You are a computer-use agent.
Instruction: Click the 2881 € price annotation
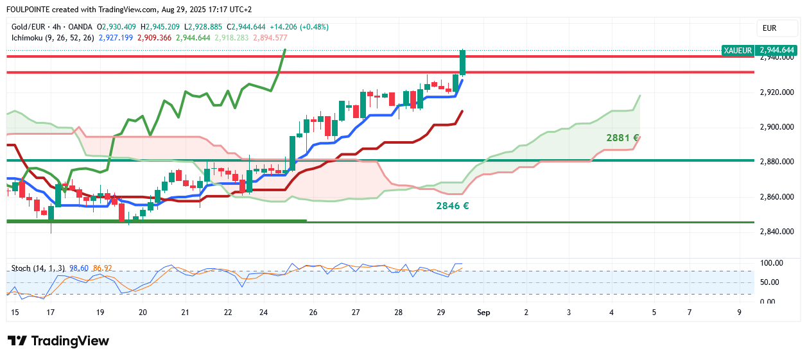(x=622, y=138)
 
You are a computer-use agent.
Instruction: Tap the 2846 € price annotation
(x=452, y=206)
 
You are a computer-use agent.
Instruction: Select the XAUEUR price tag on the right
(x=736, y=50)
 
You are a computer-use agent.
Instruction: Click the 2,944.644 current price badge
(x=777, y=50)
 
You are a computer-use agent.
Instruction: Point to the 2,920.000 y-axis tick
(x=777, y=92)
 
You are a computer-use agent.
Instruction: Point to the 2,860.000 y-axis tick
(x=777, y=196)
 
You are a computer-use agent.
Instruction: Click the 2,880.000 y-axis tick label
(x=777, y=162)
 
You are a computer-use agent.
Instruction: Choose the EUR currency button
(x=769, y=28)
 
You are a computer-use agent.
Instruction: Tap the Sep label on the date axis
(x=483, y=313)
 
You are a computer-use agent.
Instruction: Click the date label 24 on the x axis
(x=263, y=313)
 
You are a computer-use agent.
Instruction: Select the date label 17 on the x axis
(x=50, y=313)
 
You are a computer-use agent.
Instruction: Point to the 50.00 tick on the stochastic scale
(x=770, y=282)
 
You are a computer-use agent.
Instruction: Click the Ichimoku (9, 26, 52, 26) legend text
(x=53, y=38)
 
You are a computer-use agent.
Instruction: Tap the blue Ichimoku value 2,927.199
(x=116, y=38)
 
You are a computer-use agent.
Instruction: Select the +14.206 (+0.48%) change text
(x=299, y=27)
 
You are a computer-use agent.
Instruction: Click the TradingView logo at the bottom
(x=58, y=341)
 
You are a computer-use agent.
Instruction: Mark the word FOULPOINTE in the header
(x=29, y=10)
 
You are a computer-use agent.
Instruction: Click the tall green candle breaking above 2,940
(x=462, y=63)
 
